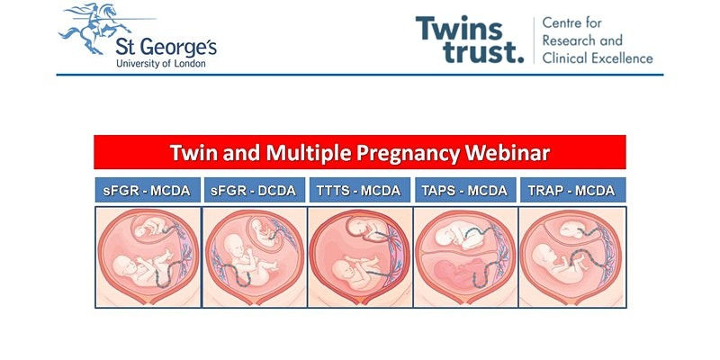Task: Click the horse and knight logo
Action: pos(94,29)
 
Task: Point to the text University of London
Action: pos(161,64)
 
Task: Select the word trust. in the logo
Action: pos(483,51)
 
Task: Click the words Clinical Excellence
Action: pos(598,58)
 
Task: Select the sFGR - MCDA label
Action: pos(148,190)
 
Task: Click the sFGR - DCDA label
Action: pos(254,190)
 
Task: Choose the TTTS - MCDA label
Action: pos(359,190)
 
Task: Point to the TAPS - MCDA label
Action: pos(464,190)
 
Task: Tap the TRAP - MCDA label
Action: pos(572,190)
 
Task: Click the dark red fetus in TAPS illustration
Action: pos(459,274)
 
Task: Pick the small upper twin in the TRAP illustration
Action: pos(572,229)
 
